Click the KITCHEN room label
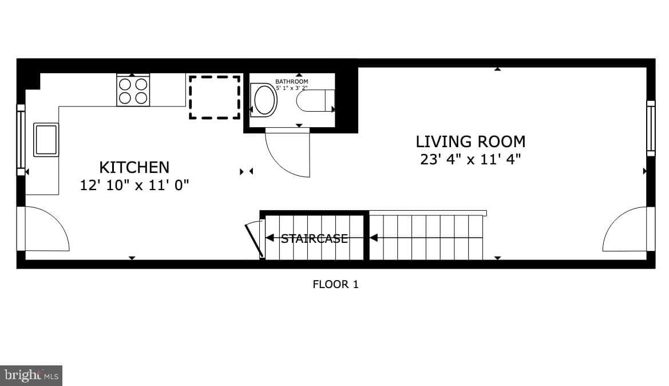[134, 167]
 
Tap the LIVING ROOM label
[470, 141]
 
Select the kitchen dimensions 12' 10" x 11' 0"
[134, 185]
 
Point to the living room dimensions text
[470, 159]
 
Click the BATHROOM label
[291, 81]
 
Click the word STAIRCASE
[314, 238]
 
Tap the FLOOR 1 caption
[335, 284]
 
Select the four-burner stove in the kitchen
[133, 90]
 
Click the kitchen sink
[46, 140]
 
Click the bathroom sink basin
[264, 100]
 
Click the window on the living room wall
[651, 128]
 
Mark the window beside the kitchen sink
[21, 140]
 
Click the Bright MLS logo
[31, 376]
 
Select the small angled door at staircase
[254, 239]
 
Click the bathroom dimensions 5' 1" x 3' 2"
[291, 88]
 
